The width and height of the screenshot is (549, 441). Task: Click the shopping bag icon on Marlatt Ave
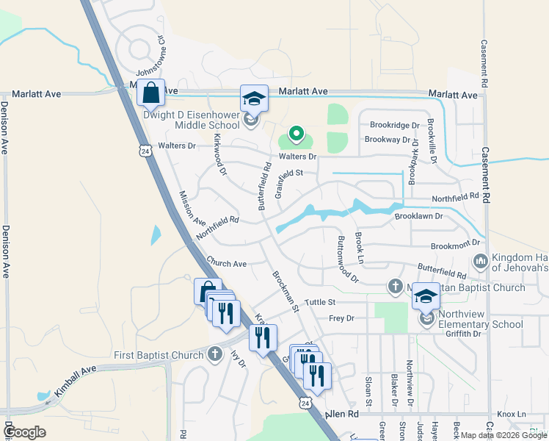(150, 94)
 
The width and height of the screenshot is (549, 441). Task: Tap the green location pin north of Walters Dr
(296, 133)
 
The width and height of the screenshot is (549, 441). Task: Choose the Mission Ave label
(192, 208)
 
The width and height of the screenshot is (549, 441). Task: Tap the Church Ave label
(226, 262)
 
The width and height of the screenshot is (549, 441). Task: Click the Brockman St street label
(286, 291)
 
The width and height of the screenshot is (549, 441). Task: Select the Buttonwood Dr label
(346, 259)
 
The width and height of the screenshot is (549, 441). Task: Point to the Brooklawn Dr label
(418, 216)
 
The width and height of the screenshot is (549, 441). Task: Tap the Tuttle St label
(320, 302)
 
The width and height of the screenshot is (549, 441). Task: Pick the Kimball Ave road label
(75, 374)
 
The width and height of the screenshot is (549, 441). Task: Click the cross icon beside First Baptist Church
(215, 355)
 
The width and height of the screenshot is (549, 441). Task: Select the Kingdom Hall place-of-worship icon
(481, 261)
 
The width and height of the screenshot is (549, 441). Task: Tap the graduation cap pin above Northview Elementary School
(425, 297)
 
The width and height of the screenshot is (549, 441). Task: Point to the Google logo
(25, 432)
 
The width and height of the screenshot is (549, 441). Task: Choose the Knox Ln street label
(512, 415)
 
